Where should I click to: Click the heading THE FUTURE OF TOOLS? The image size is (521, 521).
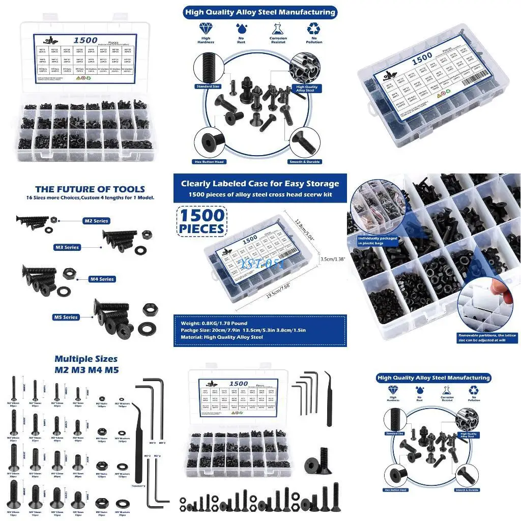tap(90, 189)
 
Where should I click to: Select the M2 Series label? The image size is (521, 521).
tap(96, 221)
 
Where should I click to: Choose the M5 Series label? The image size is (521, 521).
tap(67, 317)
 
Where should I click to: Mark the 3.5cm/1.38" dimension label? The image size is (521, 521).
tap(333, 259)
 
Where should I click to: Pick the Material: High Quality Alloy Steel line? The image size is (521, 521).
tap(222, 337)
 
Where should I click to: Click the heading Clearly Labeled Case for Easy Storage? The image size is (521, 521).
tap(259, 184)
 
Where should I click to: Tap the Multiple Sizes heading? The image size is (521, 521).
tap(86, 359)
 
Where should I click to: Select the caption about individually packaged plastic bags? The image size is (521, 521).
tap(377, 241)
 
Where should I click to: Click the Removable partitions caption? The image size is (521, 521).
tap(487, 337)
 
